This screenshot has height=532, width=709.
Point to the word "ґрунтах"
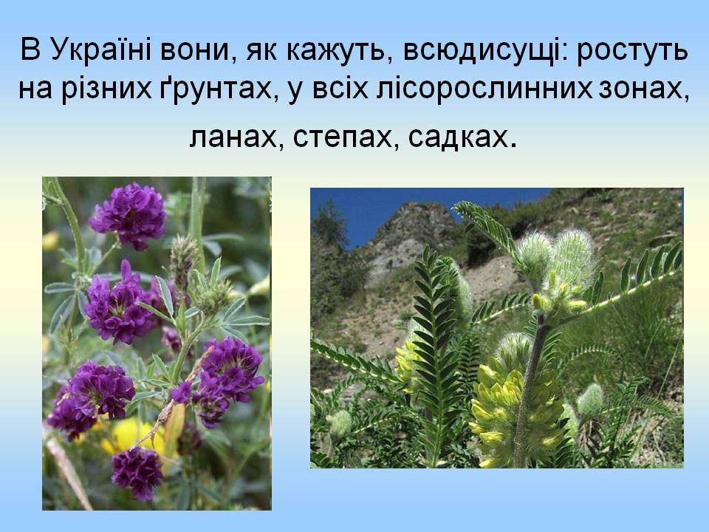(216, 89)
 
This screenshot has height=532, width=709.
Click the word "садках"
(458, 137)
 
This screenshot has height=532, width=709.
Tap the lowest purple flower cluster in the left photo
(137, 473)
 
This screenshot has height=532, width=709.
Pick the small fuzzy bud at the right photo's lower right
(589, 400)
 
